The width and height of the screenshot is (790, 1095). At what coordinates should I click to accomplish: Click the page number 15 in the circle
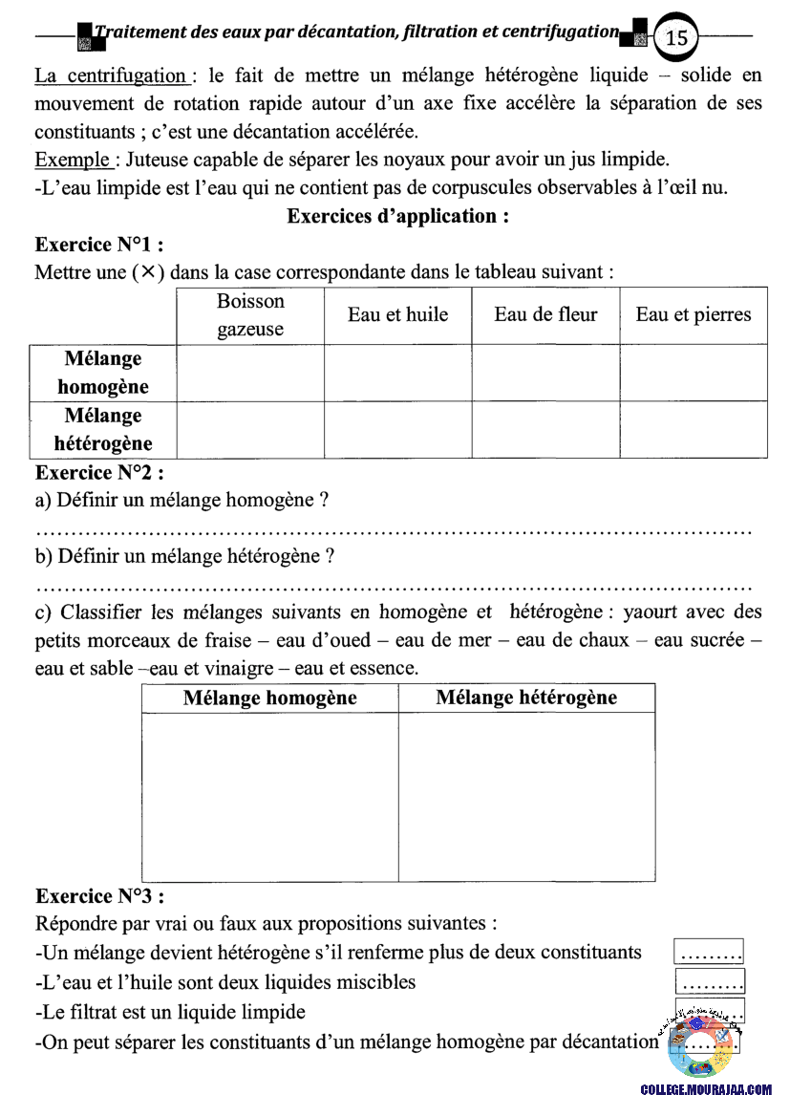coord(676,37)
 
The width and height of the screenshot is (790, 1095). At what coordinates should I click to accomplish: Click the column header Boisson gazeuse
coord(250,315)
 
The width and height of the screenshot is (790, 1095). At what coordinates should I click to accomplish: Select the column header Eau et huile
coord(398,315)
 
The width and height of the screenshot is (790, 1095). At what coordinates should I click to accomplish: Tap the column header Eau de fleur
coord(545,315)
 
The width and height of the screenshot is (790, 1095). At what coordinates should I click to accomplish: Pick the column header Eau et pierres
coord(694,315)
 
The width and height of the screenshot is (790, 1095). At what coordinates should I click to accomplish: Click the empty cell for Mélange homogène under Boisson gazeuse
coord(250,373)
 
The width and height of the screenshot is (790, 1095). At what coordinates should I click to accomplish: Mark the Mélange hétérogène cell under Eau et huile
coord(398,430)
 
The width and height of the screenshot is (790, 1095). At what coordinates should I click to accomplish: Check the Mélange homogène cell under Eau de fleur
coord(545,373)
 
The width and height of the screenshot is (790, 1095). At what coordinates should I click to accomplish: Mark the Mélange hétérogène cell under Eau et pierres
coord(694,430)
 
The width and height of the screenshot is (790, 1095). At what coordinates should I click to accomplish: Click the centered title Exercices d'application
coord(397,216)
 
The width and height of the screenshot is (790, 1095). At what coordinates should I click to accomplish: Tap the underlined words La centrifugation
coord(110,75)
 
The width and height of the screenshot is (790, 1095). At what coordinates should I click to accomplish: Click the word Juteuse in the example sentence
coord(159,159)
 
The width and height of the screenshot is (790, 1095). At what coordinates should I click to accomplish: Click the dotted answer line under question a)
coord(393,528)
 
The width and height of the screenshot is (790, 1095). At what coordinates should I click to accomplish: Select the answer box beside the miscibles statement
coord(710,981)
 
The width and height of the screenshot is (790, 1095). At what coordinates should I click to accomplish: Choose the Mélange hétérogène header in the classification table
coord(526,698)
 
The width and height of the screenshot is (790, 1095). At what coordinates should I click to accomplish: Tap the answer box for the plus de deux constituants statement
coord(709,952)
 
